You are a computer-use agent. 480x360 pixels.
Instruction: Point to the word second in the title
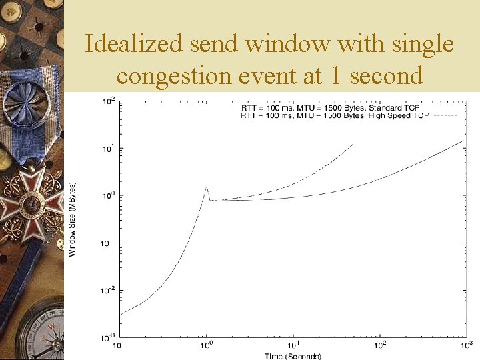pyautogui.click(x=387, y=75)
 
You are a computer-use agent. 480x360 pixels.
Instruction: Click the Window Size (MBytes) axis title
pyautogui.click(x=72, y=219)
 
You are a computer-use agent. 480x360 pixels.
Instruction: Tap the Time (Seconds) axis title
pyautogui.click(x=293, y=356)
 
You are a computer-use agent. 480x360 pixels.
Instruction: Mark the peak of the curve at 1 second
pyautogui.click(x=207, y=187)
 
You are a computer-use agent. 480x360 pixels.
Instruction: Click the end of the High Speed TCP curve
pyautogui.click(x=353, y=144)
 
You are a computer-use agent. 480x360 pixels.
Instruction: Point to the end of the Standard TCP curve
pyautogui.click(x=464, y=140)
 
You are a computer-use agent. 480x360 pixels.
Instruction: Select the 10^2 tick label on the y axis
pyautogui.click(x=108, y=101)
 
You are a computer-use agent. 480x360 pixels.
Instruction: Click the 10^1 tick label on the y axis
pyautogui.click(x=108, y=148)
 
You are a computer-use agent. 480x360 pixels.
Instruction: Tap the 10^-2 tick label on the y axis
pyautogui.click(x=107, y=291)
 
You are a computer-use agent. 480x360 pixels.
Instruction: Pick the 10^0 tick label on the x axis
pyautogui.click(x=207, y=345)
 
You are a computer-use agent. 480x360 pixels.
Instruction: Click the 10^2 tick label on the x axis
pyautogui.click(x=379, y=345)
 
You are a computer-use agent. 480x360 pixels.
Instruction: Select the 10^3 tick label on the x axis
pyautogui.click(x=465, y=345)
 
